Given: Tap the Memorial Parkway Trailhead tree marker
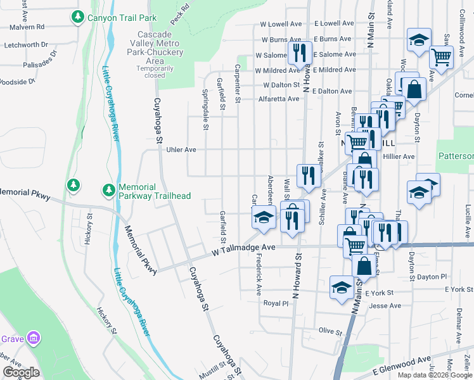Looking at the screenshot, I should pyautogui.click(x=109, y=189).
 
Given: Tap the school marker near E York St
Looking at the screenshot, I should pyautogui.click(x=342, y=287).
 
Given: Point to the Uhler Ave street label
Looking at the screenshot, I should pyautogui.click(x=181, y=150).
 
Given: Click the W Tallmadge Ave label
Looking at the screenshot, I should pyautogui.click(x=243, y=248).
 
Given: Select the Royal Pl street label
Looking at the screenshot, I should pyautogui.click(x=276, y=303).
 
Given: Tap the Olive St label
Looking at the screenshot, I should pyautogui.click(x=330, y=331).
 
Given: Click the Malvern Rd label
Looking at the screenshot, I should pyautogui.click(x=27, y=27).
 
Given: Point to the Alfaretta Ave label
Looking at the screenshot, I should pyautogui.click(x=279, y=99).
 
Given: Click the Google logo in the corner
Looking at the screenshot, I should pyautogui.click(x=22, y=372).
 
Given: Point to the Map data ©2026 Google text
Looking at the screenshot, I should pyautogui.click(x=435, y=375).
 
